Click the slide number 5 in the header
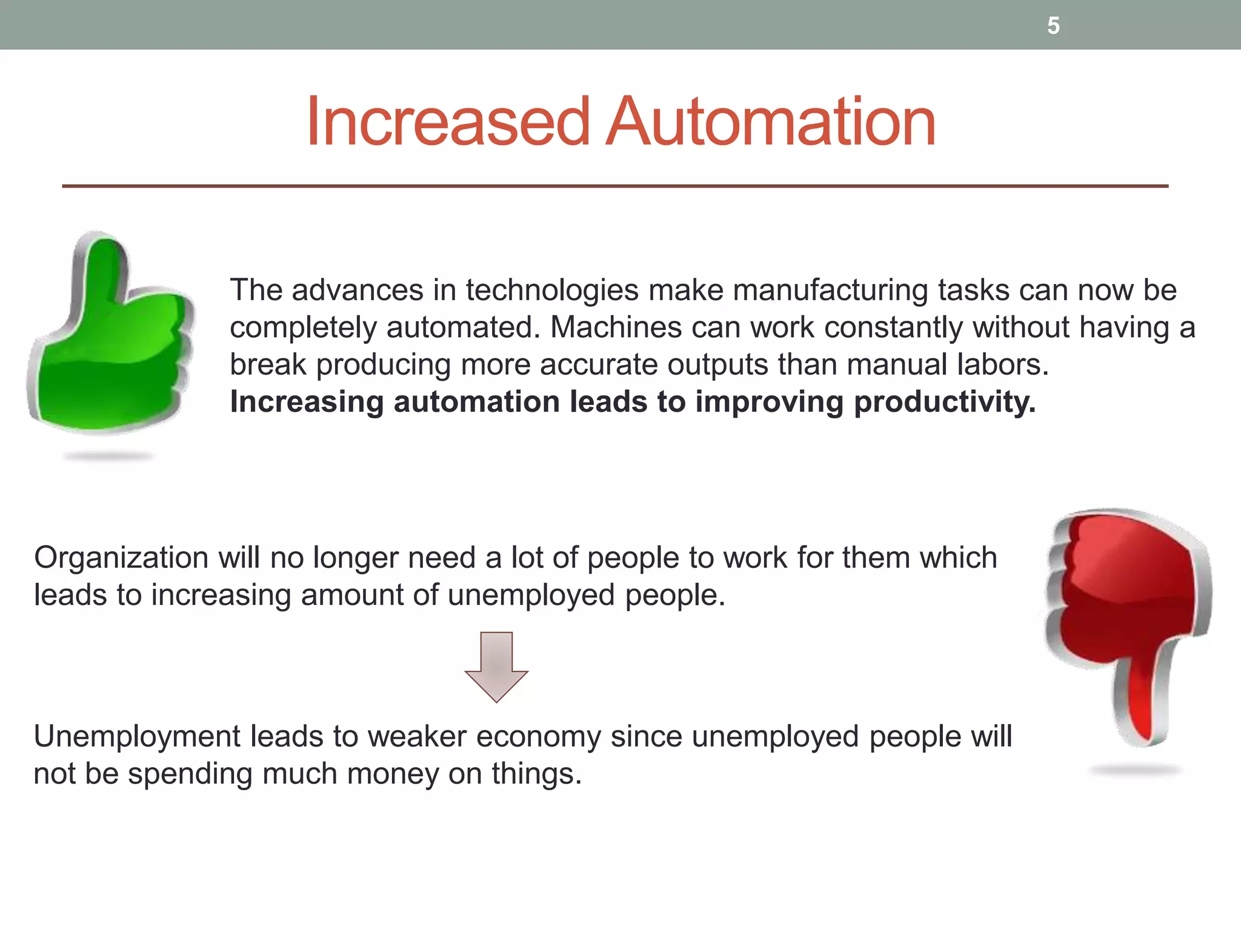point(1053,25)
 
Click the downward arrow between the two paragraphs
point(496,667)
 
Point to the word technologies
point(552,291)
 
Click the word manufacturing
point(831,291)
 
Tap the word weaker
point(417,737)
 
